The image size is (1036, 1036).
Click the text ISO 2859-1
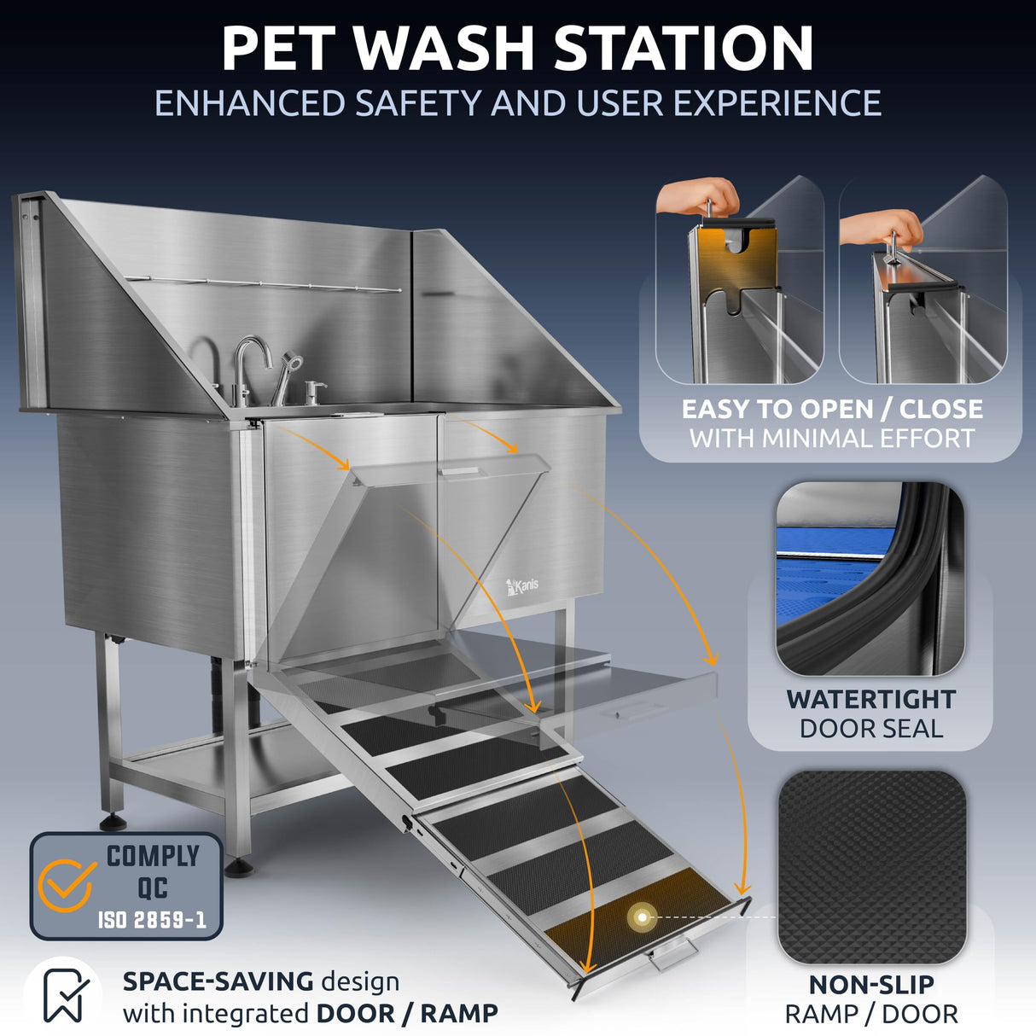tap(152, 920)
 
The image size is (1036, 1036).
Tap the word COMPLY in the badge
tap(153, 856)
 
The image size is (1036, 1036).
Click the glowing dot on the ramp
tap(641, 917)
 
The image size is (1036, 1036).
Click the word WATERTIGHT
tap(870, 699)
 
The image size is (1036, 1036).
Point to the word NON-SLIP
tap(871, 985)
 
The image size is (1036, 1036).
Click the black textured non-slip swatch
tap(871, 866)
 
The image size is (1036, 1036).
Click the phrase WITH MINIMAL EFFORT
tap(832, 439)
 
